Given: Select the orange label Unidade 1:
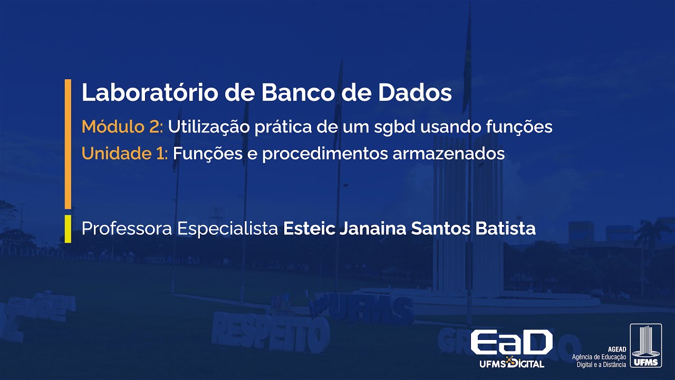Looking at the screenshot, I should pos(124,154).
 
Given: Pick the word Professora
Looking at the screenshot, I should pos(127,229).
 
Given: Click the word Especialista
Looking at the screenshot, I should pos(228,229).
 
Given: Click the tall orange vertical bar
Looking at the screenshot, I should pos(67,144).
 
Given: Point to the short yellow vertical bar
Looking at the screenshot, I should pos(67,229).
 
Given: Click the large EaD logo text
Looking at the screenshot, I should pos(511,343).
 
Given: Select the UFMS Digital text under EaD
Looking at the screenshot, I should pos(512,364).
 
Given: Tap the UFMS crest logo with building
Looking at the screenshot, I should pos(645,346).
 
